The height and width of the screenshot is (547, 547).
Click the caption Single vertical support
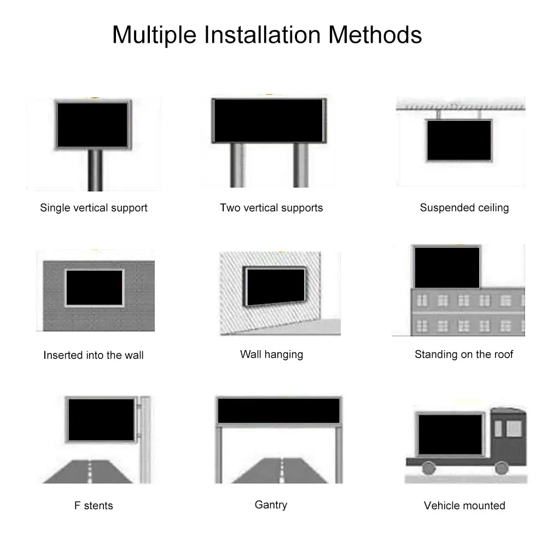click(x=94, y=208)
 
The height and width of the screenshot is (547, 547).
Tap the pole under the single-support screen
click(x=95, y=170)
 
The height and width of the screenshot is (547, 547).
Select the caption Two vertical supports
click(x=271, y=208)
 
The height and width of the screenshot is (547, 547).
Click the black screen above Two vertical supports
click(x=269, y=121)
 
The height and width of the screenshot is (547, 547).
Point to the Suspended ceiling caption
click(x=464, y=208)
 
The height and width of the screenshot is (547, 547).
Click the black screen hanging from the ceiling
click(x=459, y=140)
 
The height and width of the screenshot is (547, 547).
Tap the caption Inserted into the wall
click(x=94, y=355)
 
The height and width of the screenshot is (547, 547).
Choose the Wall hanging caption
click(x=271, y=354)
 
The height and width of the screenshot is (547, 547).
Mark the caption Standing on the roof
click(x=464, y=354)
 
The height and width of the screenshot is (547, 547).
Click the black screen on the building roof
click(x=447, y=267)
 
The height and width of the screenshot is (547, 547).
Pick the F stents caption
click(x=94, y=505)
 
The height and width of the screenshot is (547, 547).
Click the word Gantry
click(x=271, y=504)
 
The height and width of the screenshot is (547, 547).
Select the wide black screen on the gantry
click(x=278, y=411)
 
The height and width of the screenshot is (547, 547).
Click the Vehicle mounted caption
click(x=464, y=505)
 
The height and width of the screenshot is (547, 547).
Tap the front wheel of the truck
click(x=501, y=468)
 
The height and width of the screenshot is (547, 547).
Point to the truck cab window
click(x=514, y=428)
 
